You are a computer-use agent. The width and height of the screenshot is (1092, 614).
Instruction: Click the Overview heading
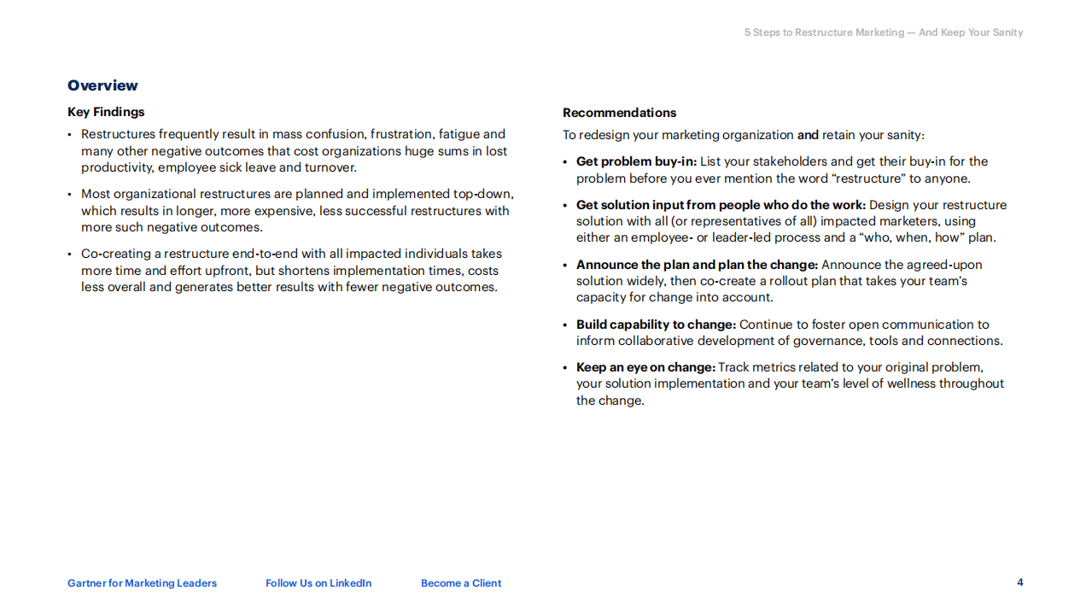tap(102, 85)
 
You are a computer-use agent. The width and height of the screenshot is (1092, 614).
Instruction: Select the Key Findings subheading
tap(106, 112)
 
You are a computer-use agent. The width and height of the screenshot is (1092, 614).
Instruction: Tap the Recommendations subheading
tap(619, 113)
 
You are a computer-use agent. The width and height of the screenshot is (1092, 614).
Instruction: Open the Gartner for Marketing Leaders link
tap(142, 583)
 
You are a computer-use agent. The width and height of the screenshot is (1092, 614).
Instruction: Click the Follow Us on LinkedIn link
tap(318, 583)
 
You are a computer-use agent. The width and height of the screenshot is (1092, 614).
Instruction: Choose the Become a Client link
tap(461, 583)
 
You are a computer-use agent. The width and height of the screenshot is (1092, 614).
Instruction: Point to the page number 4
tap(1019, 582)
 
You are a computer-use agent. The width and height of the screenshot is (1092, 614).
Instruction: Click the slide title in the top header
tap(883, 32)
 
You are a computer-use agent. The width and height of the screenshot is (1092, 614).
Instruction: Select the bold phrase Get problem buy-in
tap(636, 161)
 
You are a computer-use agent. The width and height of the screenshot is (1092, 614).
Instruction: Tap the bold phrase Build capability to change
tap(656, 325)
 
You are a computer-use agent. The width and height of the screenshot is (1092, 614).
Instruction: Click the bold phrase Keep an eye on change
tap(645, 367)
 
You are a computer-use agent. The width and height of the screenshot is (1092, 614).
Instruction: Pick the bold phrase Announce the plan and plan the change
tap(697, 265)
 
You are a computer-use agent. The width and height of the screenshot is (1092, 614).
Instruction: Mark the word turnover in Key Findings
tap(330, 167)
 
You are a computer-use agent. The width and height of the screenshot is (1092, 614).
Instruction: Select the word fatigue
tap(459, 134)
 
